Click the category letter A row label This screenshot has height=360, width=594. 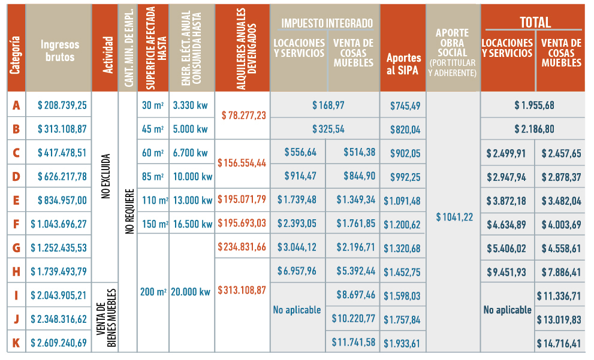tap(16, 105)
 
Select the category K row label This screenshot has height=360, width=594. tap(16, 343)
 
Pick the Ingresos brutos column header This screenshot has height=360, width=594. tap(58, 51)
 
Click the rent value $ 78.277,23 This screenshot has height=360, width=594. tap(244, 115)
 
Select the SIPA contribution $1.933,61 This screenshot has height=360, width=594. tap(401, 343)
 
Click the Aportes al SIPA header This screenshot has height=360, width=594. tap(403, 63)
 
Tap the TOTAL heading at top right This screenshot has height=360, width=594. tap(535, 23)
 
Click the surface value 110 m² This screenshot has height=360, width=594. tap(153, 199)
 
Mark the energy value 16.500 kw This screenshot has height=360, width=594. tap(191, 224)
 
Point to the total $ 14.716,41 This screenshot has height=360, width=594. tap(562, 343)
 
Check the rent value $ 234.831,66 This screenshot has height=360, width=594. tap(243, 247)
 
